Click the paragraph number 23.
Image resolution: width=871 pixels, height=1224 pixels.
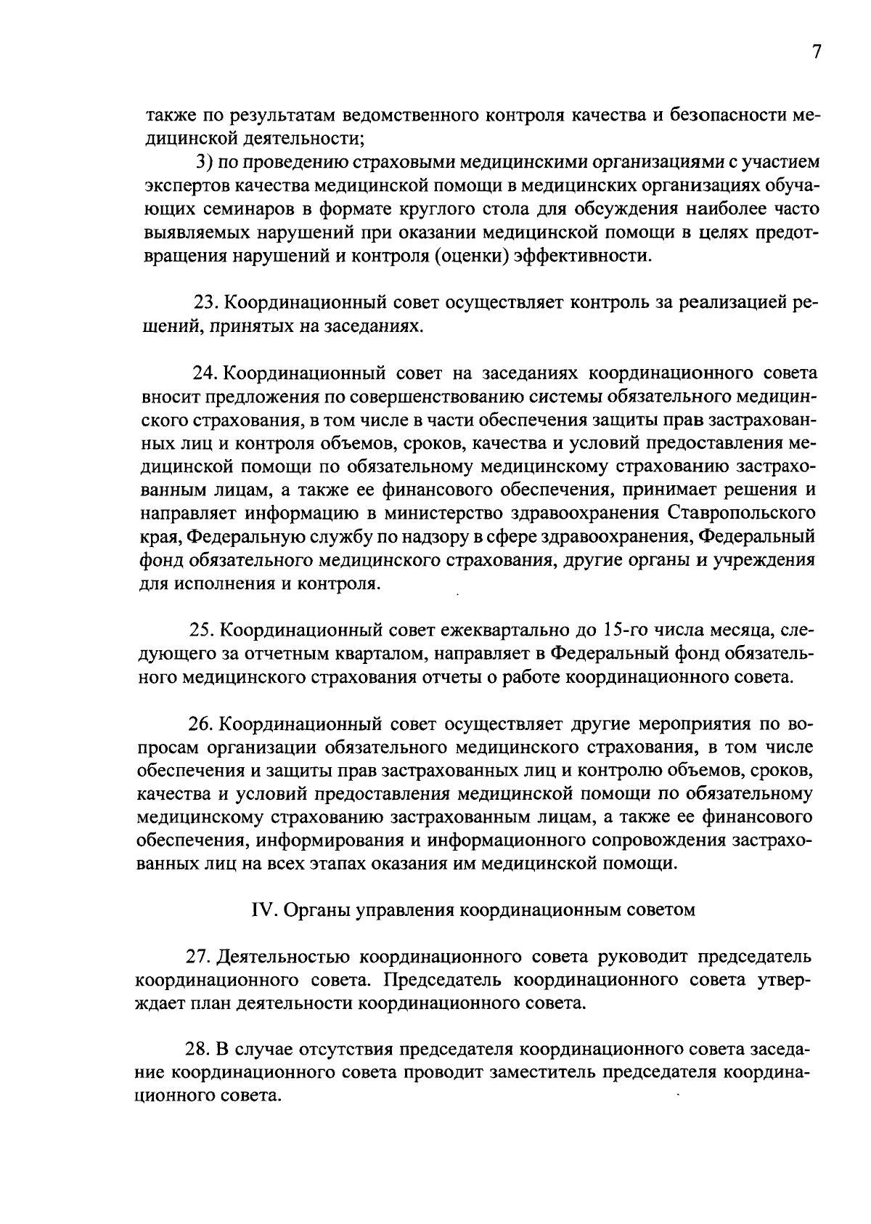click(x=202, y=302)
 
